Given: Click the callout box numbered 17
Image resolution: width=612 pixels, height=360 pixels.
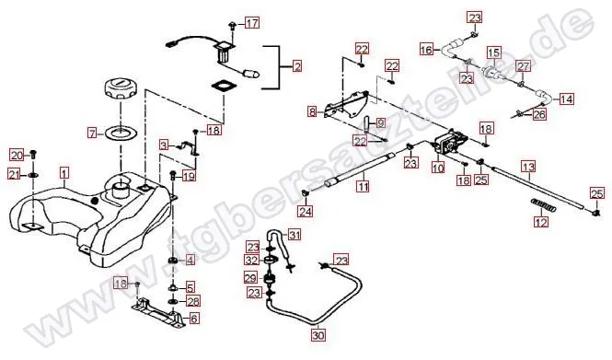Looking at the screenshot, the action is [252, 23].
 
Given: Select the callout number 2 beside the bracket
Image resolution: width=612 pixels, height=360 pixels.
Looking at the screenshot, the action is [297, 67].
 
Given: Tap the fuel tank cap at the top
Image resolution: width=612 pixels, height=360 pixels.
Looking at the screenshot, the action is [119, 89].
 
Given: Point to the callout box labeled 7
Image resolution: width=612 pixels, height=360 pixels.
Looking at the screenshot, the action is [92, 134].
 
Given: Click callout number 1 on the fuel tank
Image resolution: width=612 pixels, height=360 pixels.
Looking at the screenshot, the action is [64, 173].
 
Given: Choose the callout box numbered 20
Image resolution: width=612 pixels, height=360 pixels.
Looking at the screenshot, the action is [17, 156].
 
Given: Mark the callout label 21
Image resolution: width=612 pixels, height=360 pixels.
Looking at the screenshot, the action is [15, 175].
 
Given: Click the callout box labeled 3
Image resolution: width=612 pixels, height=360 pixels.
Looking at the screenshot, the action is [164, 145].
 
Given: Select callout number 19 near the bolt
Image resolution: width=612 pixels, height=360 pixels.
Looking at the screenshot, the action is [189, 177].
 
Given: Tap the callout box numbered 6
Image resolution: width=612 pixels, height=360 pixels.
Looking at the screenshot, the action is [194, 319].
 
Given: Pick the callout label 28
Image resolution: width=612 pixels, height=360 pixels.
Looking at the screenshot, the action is [194, 301].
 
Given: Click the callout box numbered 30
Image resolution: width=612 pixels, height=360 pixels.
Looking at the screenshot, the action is [318, 335].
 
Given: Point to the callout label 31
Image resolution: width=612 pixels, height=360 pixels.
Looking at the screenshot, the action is [295, 235].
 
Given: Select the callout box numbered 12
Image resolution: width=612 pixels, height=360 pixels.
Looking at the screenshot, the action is [541, 221].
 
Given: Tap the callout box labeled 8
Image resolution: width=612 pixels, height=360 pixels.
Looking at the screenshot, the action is [312, 112].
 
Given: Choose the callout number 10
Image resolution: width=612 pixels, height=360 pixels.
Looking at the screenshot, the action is [438, 168].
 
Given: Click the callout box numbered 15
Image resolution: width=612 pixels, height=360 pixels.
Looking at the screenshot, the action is [493, 52].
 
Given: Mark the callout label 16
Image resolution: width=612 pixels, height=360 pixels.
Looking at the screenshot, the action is [427, 50].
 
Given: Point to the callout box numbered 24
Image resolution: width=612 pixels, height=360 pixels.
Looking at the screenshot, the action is [306, 211].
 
